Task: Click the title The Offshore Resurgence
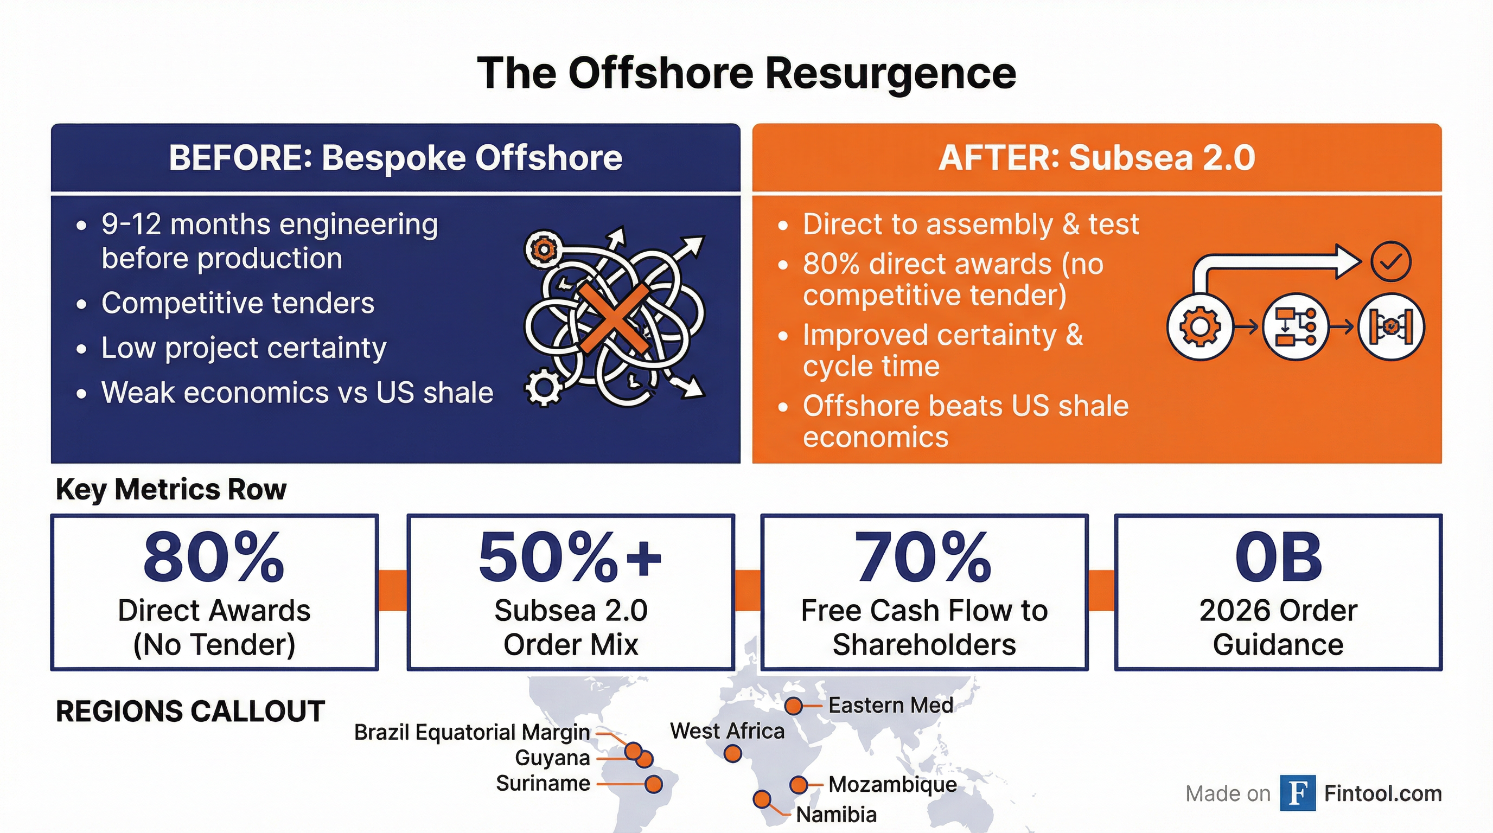tap(746, 74)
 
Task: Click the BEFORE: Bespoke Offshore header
tap(395, 158)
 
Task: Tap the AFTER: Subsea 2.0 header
tap(1096, 158)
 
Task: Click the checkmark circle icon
tap(1391, 261)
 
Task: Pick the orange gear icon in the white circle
tap(1199, 326)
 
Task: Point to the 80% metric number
tap(214, 558)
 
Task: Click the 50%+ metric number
tap(570, 558)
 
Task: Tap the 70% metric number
tap(924, 558)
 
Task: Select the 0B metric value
tap(1278, 558)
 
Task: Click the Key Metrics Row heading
tap(171, 490)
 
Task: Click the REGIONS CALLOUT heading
tap(190, 712)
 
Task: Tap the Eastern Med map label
tap(891, 705)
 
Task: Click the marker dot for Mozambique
tap(799, 785)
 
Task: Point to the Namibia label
tap(837, 815)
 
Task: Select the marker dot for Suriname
tap(654, 784)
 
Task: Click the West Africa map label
tap(728, 731)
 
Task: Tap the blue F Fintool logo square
tap(1298, 792)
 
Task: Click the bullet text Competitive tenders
tap(238, 303)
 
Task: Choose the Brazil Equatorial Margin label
tap(473, 733)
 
